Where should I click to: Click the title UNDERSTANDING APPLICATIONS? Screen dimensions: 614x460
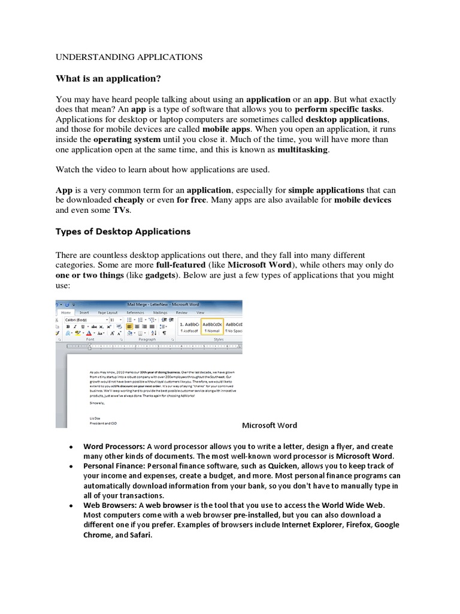129,57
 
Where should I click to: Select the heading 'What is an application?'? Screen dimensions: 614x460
108,79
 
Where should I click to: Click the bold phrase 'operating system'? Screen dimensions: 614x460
128,139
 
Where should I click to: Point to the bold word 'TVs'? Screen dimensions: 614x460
120,210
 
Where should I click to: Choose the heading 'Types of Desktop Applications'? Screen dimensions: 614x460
123,231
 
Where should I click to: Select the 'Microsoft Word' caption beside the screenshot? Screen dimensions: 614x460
269,425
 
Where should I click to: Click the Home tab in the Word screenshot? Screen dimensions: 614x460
66,312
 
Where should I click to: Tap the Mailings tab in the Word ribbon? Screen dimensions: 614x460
160,312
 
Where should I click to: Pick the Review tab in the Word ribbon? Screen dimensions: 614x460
181,312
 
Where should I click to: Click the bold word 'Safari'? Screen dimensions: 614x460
138,535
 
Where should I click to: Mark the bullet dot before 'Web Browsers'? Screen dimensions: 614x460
71,505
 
